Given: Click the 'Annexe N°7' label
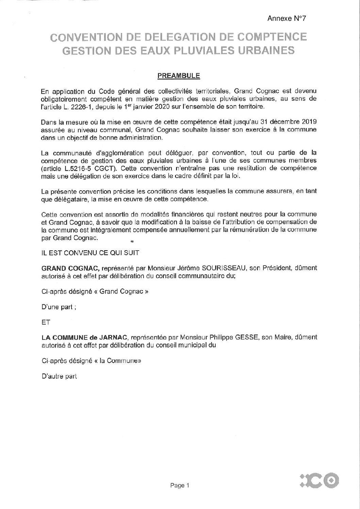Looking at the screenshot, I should pos(287,19).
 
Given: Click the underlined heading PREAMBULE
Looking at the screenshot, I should pos(179,76).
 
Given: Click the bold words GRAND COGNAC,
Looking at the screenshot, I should pos(70,268).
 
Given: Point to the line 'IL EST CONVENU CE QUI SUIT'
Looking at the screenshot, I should pos(90,253).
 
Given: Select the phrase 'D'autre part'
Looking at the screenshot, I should pos(59,376).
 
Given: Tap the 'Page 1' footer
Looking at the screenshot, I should pos(179,486).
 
